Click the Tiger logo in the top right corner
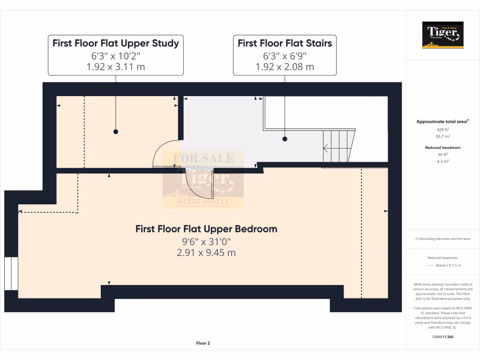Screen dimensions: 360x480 [x=443, y=35]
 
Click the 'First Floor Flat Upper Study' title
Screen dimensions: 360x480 [x=115, y=44]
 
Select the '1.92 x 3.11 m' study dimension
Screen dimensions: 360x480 [x=115, y=67]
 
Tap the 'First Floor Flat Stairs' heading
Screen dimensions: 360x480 [x=285, y=44]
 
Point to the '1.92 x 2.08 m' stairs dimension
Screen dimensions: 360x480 [x=285, y=67]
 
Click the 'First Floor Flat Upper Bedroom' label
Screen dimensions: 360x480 [x=206, y=229]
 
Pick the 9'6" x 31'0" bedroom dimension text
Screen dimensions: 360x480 [x=206, y=242]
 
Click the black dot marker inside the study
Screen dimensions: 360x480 [x=115, y=132]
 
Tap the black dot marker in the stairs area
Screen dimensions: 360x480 [x=285, y=139]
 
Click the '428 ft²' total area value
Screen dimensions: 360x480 [x=443, y=129]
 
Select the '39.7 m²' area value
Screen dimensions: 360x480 [x=443, y=136]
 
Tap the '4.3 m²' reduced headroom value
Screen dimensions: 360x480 [x=443, y=161]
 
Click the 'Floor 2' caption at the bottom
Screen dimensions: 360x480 [x=202, y=344]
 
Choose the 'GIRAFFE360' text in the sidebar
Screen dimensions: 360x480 [x=443, y=337]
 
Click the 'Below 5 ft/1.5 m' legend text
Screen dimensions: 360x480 [x=448, y=265]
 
